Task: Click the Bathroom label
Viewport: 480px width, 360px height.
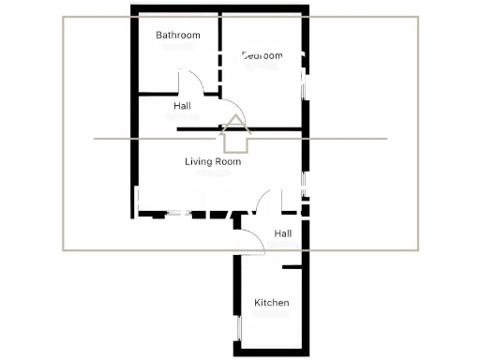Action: pos(178,36)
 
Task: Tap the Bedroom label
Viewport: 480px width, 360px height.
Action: pos(262,55)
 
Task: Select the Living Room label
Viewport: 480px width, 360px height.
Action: pos(213,161)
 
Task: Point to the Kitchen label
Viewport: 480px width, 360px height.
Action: pos(272,303)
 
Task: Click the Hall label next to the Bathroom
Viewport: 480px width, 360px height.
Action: pos(183,106)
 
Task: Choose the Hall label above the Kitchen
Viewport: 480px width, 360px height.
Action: pos(283,232)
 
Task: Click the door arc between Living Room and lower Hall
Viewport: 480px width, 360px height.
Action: pos(263,199)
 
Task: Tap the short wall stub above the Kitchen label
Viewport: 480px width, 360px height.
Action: pos(292,268)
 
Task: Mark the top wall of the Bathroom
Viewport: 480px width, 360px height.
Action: pos(174,10)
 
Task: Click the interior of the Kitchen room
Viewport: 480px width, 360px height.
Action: pos(272,323)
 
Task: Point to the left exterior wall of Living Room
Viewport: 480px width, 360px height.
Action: pos(133,169)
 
